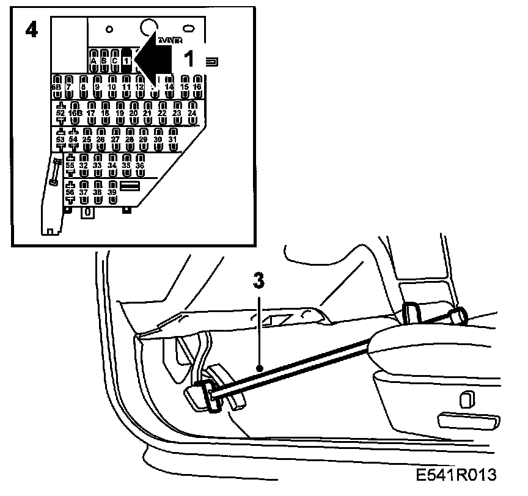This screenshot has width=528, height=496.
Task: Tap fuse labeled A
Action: [94, 59]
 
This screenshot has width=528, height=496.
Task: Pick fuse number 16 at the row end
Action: [197, 84]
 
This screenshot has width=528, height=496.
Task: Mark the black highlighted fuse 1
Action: [127, 59]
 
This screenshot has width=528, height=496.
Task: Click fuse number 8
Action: [84, 84]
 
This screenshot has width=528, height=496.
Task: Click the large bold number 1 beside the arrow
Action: [189, 59]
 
